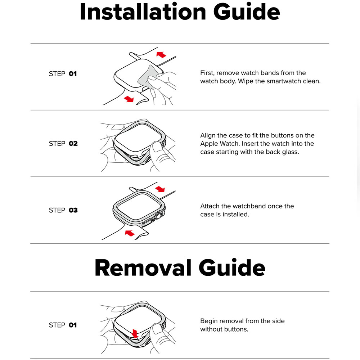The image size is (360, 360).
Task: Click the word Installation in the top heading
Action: (x=143, y=12)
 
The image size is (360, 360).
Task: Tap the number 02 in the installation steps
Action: (x=73, y=144)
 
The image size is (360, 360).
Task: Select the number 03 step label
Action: (x=73, y=210)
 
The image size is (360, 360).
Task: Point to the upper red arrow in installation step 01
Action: (x=161, y=54)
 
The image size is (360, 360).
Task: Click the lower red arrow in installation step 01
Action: (x=129, y=99)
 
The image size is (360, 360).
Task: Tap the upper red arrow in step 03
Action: (x=160, y=189)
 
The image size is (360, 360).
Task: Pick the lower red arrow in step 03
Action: (x=130, y=233)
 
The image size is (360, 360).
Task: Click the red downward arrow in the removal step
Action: (x=135, y=333)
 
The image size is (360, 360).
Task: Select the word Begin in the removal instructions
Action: (x=209, y=321)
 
